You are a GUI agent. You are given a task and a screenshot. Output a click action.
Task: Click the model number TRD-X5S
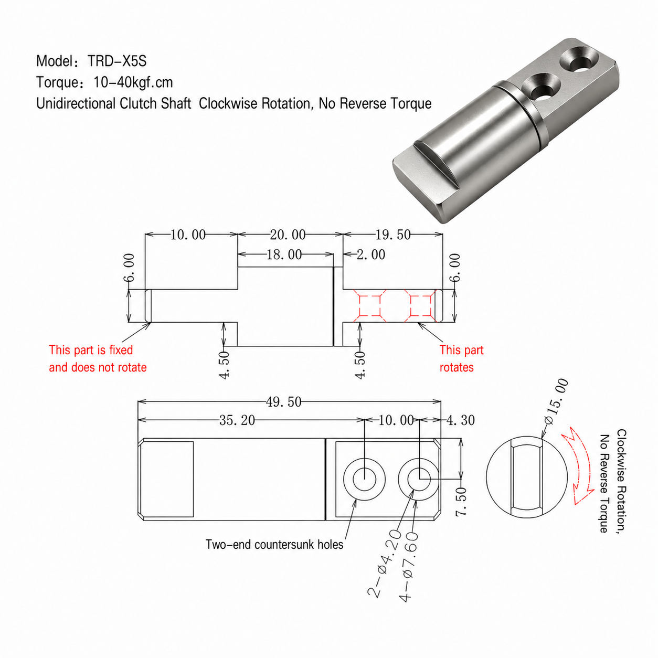[x=117, y=61]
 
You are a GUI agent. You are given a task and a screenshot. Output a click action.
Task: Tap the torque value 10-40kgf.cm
[x=133, y=82]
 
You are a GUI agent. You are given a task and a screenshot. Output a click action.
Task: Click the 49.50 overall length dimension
[x=284, y=402]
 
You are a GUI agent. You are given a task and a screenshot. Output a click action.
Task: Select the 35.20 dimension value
[x=237, y=420]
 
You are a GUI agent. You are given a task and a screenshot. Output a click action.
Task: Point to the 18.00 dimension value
[x=284, y=254]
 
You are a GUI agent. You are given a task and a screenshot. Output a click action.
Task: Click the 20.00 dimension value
[x=288, y=235]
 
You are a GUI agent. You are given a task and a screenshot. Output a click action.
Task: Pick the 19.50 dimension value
[x=393, y=235]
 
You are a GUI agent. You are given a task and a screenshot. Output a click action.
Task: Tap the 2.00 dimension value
[x=371, y=254]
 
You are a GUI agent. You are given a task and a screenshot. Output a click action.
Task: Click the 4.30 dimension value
[x=461, y=420]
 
